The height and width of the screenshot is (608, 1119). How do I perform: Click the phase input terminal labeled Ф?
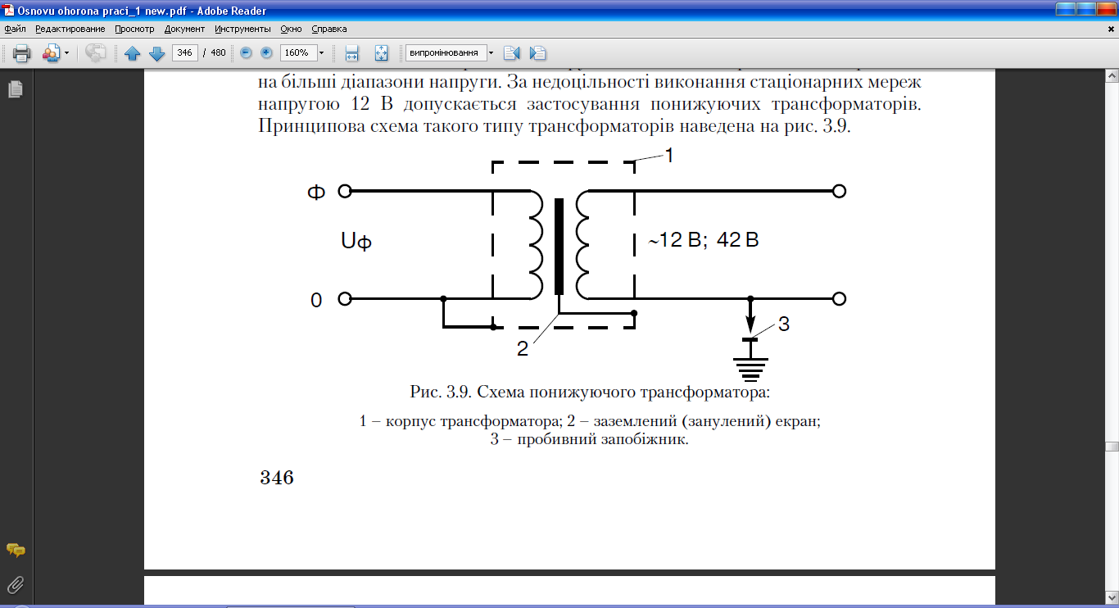pos(345,191)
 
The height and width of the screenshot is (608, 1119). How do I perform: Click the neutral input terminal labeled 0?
pos(345,299)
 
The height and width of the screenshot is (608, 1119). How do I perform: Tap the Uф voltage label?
pos(356,241)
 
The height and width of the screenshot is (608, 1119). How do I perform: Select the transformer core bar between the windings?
pos(559,246)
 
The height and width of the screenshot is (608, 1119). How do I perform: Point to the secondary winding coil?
pos(584,246)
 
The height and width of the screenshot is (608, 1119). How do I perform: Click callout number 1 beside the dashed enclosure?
pos(668,155)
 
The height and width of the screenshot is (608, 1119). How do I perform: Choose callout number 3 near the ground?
pos(783,324)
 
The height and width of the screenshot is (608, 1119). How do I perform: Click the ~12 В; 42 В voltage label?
pos(704,241)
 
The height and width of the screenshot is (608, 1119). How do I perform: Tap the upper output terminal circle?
pos(838,191)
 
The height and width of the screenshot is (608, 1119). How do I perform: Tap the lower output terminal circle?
pos(838,299)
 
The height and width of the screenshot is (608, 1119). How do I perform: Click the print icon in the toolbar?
pos(21,53)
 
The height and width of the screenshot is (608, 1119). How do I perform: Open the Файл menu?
pos(15,29)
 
